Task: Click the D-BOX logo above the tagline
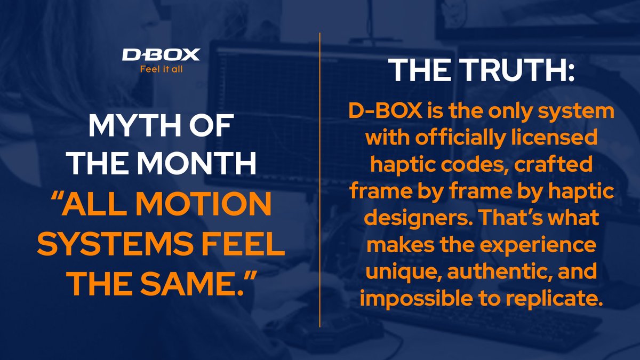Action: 161,54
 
